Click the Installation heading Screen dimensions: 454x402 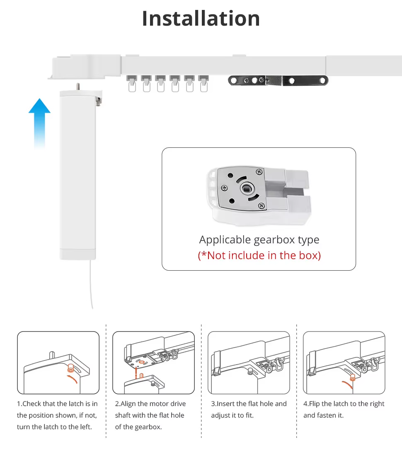click(201, 19)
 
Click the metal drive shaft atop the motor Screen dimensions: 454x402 click(78, 86)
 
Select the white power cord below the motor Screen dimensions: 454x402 click(91, 286)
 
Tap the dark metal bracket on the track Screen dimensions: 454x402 click(278, 80)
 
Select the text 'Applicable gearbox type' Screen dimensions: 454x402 click(259, 240)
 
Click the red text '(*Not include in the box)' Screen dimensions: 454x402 click(259, 255)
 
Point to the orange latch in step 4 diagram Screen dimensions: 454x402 click(353, 377)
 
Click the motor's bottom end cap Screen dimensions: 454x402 click(78, 254)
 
